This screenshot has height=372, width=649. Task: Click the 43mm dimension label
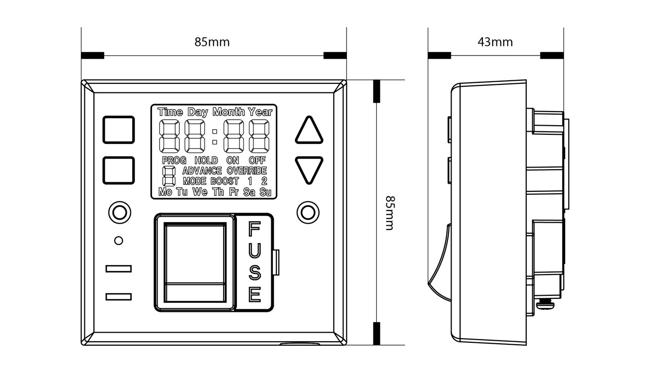[495, 42]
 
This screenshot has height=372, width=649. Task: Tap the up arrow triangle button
[309, 131]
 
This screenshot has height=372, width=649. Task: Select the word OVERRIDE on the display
[246, 171]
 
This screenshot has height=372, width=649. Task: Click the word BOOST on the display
[224, 181]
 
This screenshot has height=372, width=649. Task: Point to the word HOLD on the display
[206, 161]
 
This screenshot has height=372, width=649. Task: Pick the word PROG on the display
[174, 161]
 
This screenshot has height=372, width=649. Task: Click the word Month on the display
[228, 112]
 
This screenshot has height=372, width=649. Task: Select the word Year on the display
[260, 112]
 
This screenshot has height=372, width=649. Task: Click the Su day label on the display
[265, 192]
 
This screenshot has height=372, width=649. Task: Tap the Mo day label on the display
[165, 192]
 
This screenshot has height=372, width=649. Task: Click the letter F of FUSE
[255, 230]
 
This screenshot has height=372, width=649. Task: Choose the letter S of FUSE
[255, 272]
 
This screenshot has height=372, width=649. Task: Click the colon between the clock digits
[215, 137]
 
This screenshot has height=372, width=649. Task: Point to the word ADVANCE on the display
[202, 171]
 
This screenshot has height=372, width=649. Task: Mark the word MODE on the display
[194, 181]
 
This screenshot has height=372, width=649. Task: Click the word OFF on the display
[257, 161]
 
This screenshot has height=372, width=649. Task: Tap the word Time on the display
[170, 112]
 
